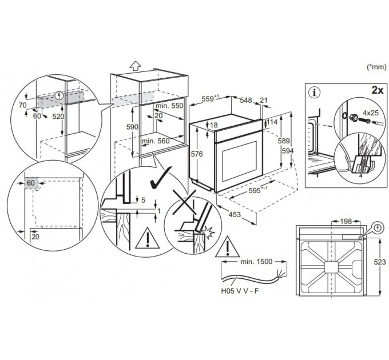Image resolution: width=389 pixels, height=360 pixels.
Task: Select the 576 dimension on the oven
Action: [197, 154]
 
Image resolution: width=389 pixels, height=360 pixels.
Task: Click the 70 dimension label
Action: [22, 106]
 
